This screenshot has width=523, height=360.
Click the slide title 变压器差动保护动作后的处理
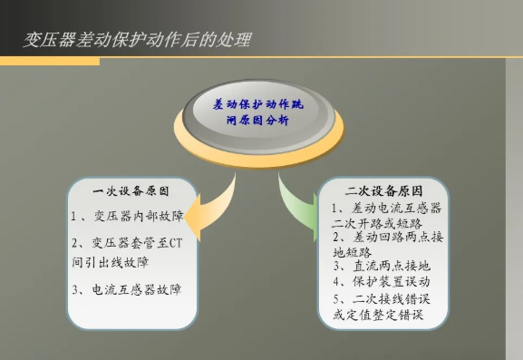pyautogui.click(x=136, y=41)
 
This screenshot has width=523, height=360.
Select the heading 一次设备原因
pyautogui.click(x=131, y=192)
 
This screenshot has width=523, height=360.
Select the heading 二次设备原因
pyautogui.click(x=383, y=192)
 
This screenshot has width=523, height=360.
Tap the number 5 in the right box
pyautogui.click(x=337, y=298)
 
